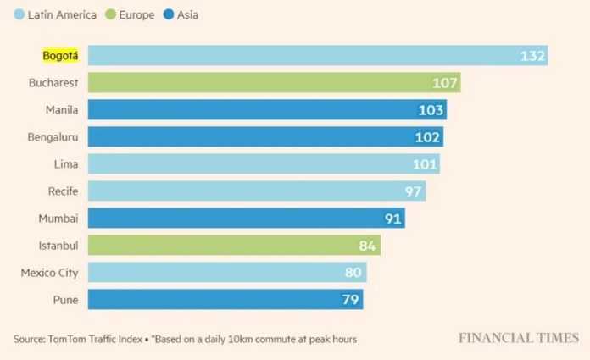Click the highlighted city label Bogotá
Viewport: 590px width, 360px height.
[60, 56]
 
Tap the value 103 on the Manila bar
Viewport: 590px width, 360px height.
[431, 110]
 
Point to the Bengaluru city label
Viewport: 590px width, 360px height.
[53, 137]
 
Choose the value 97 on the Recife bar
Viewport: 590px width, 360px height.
[413, 191]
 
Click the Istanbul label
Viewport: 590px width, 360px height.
[58, 246]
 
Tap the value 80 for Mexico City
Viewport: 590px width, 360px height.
[353, 273]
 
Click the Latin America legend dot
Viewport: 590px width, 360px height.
[19, 14]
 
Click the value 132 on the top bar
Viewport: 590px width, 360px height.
[532, 56]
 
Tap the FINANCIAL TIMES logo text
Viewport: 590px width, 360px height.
[519, 338]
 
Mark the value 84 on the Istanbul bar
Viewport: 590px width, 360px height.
[367, 246]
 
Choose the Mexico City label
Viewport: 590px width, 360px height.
[49, 273]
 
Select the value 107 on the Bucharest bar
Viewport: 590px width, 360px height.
[445, 83]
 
